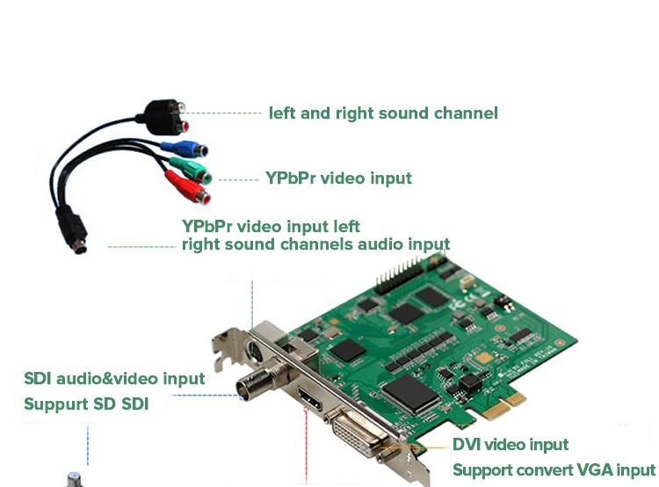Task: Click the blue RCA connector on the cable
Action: point(185,149)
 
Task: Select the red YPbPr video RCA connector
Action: point(188,187)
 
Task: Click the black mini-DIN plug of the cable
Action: point(72,229)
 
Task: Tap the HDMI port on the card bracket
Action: point(310,399)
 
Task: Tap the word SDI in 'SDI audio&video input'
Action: point(38,379)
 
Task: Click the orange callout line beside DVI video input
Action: point(414,447)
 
